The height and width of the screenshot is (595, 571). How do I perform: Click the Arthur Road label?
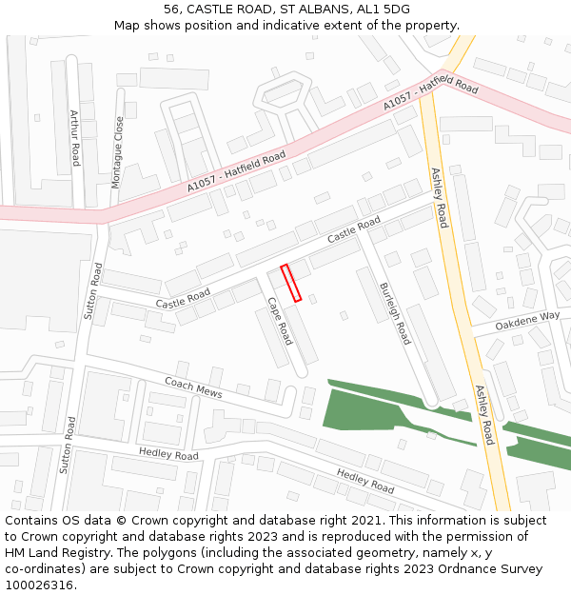point(74,137)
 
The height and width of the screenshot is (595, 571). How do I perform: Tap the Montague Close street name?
point(118,152)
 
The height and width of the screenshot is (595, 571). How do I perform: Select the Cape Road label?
point(279,320)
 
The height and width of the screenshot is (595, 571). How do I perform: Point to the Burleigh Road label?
point(395,313)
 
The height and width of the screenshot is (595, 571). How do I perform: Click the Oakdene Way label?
point(528,317)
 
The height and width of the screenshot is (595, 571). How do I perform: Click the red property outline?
point(291,283)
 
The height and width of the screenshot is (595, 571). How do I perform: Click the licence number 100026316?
point(38,585)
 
